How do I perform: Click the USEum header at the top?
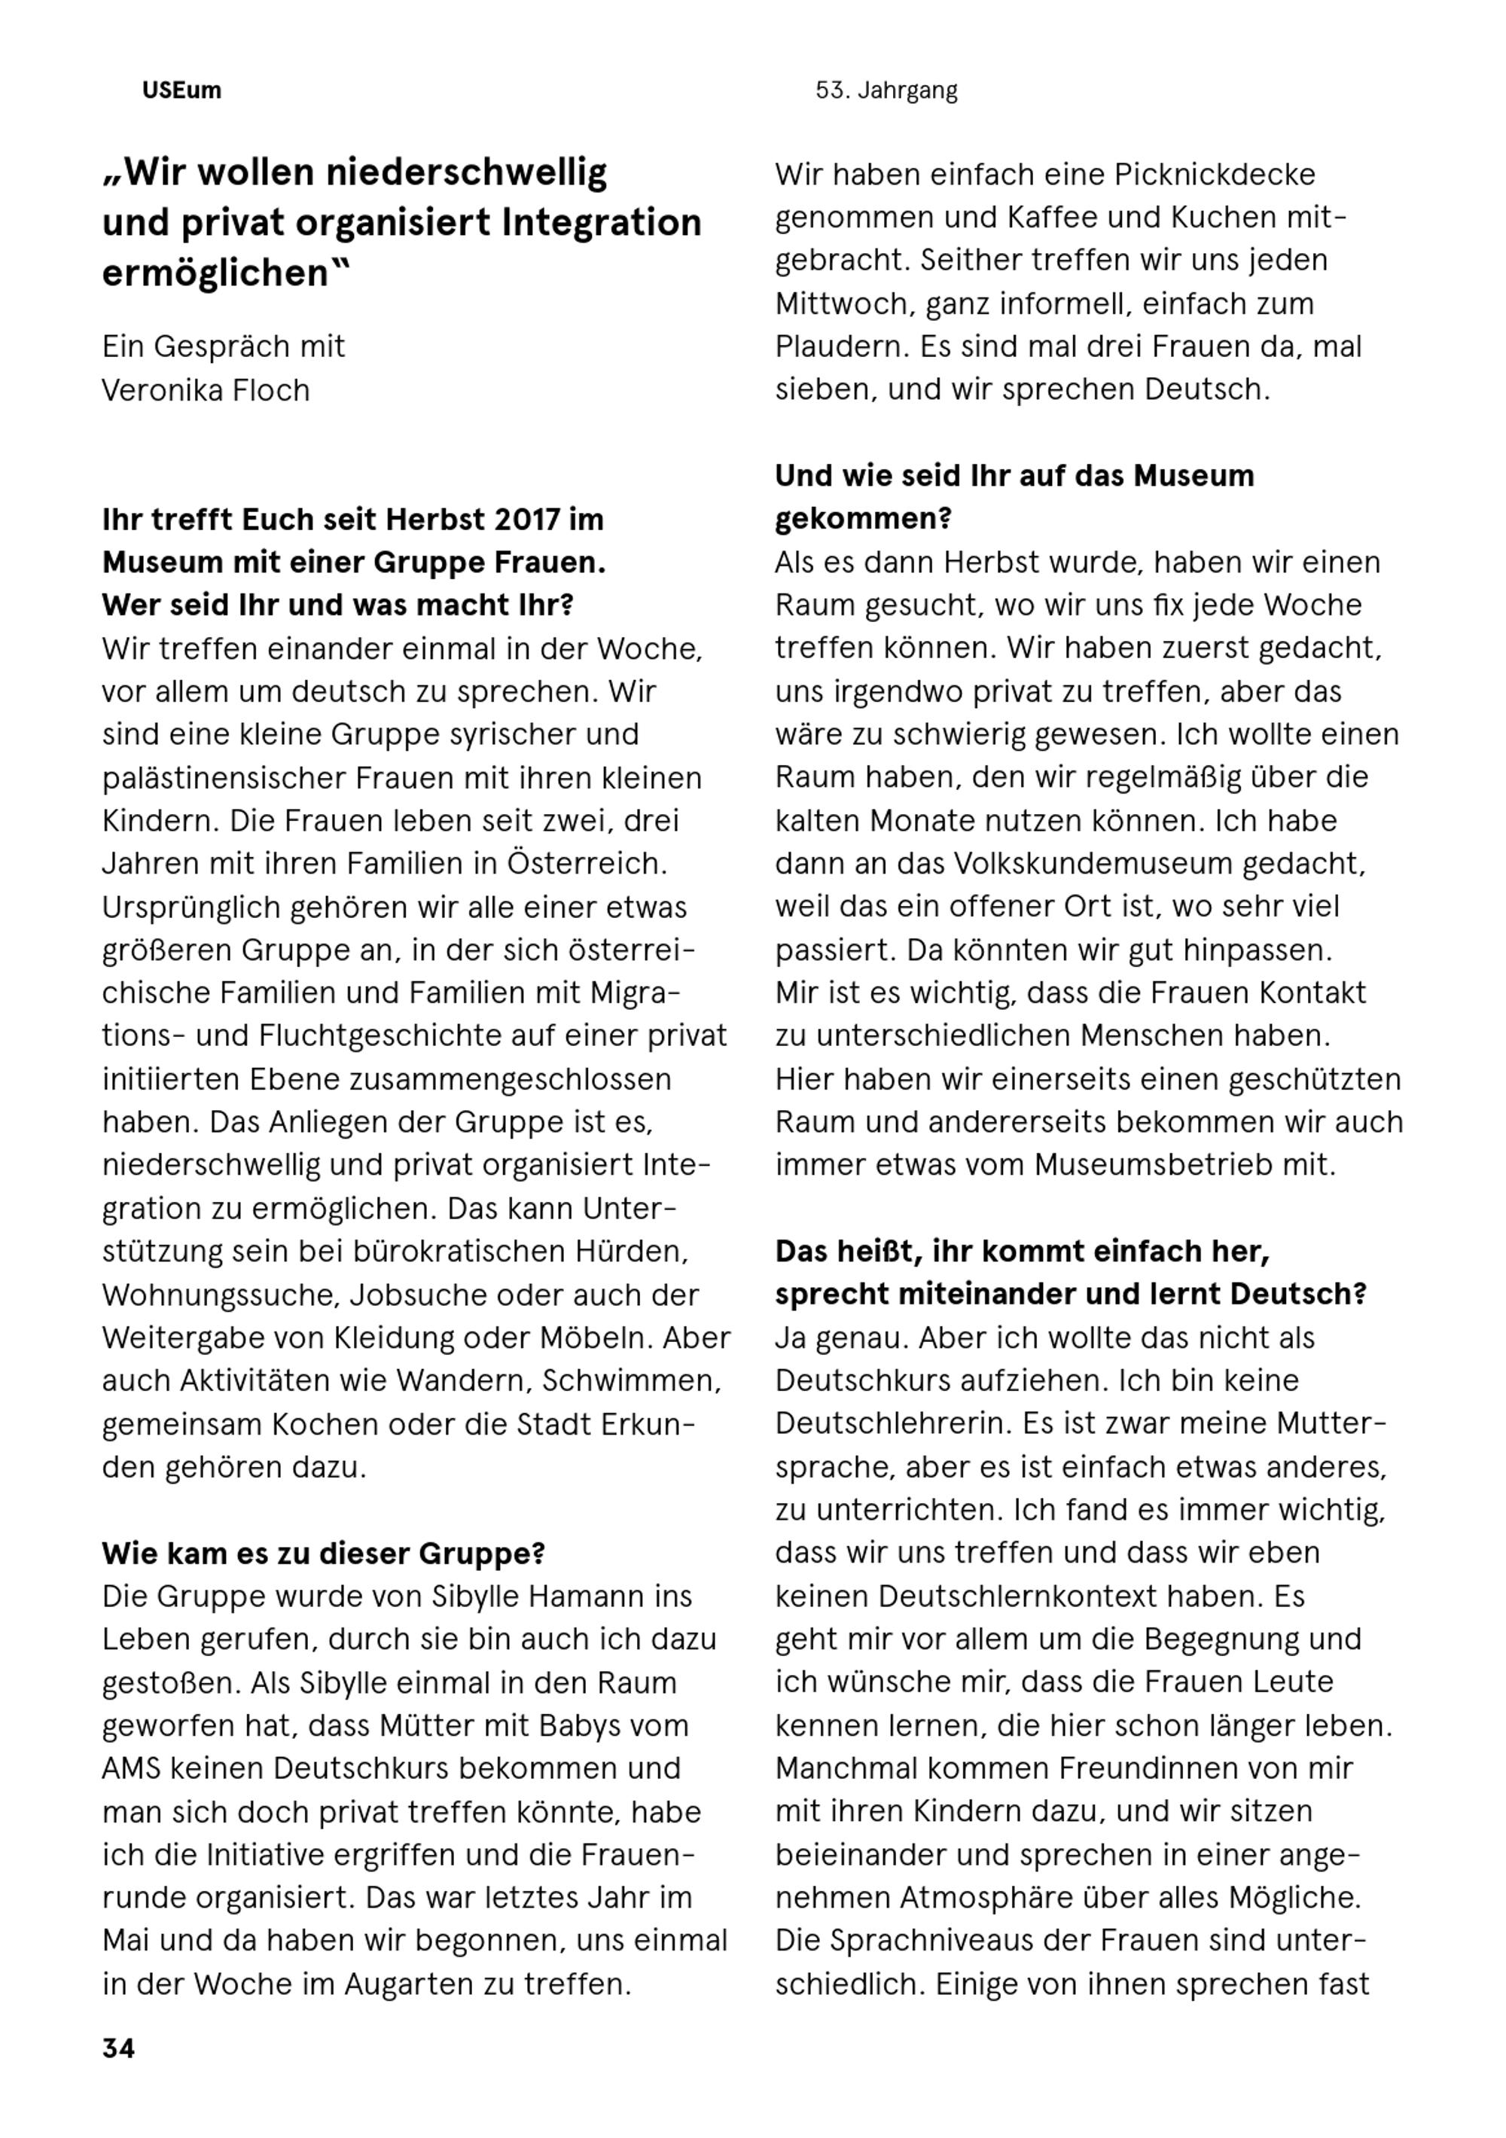click(181, 90)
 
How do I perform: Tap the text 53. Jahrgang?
click(886, 90)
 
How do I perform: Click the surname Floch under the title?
click(266, 389)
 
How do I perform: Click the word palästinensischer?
click(244, 776)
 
